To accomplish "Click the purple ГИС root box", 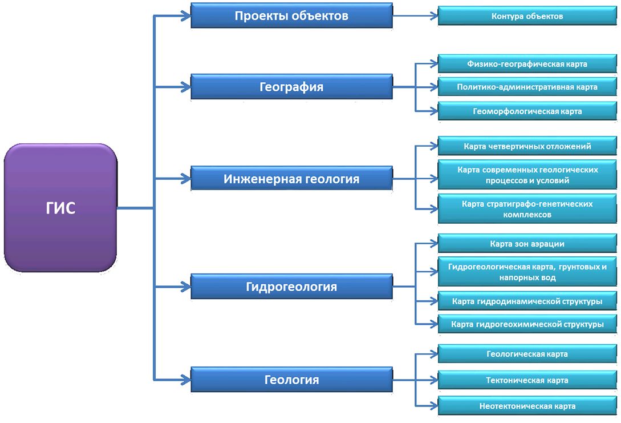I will pyautogui.click(x=60, y=208).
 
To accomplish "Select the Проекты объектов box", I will pyautogui.click(x=291, y=16).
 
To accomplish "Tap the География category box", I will pyautogui.click(x=291, y=87).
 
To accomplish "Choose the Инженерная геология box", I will pyautogui.click(x=291, y=179).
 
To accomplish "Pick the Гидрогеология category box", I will pyautogui.click(x=291, y=287).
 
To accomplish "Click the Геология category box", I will pyautogui.click(x=291, y=380).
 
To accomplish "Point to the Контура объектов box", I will pyautogui.click(x=527, y=17).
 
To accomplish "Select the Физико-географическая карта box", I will pyautogui.click(x=527, y=64).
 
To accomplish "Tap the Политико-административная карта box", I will pyautogui.click(x=527, y=87).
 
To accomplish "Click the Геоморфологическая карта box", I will pyautogui.click(x=527, y=111).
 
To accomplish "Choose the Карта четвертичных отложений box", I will pyautogui.click(x=527, y=146).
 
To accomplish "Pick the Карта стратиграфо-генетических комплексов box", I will pyautogui.click(x=527, y=209).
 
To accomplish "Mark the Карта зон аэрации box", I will pyautogui.click(x=527, y=244).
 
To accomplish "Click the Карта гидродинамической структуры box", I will pyautogui.click(x=527, y=301).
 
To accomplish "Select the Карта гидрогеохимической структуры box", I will pyautogui.click(x=527, y=324).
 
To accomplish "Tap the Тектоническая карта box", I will pyautogui.click(x=527, y=380).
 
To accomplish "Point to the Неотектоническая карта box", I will pyautogui.click(x=527, y=406).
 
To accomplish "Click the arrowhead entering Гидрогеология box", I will pyautogui.click(x=186, y=287).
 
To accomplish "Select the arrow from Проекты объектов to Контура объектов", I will pyautogui.click(x=415, y=16).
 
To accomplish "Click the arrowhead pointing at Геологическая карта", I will pyautogui.click(x=434, y=354).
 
